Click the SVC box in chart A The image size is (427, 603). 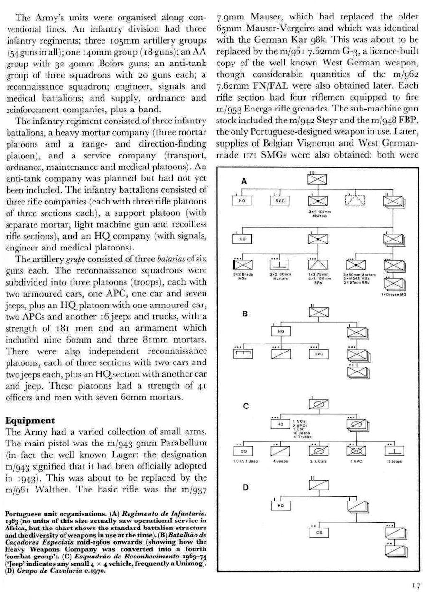(279, 201)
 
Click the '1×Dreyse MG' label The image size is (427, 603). (393, 294)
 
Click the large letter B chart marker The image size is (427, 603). (245, 314)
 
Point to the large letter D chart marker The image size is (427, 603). (245, 488)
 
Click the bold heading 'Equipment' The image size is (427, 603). (30, 420)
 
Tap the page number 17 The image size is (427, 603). (416, 586)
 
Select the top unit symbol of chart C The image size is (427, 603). (318, 403)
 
